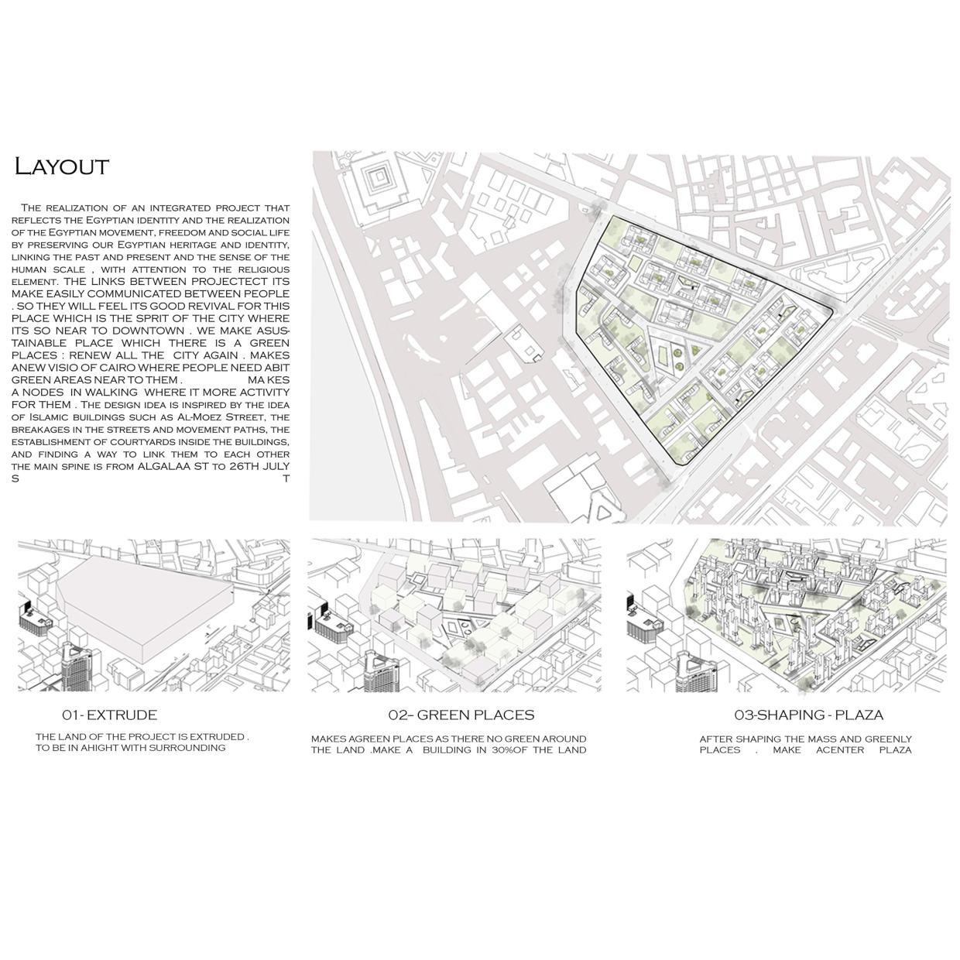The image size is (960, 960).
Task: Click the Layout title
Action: click(x=62, y=166)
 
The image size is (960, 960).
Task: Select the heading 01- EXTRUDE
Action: click(x=109, y=715)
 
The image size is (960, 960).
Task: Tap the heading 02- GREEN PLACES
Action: click(x=461, y=715)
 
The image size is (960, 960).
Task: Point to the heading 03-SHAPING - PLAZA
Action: click(x=808, y=715)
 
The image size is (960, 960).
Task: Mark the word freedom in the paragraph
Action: click(x=180, y=232)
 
